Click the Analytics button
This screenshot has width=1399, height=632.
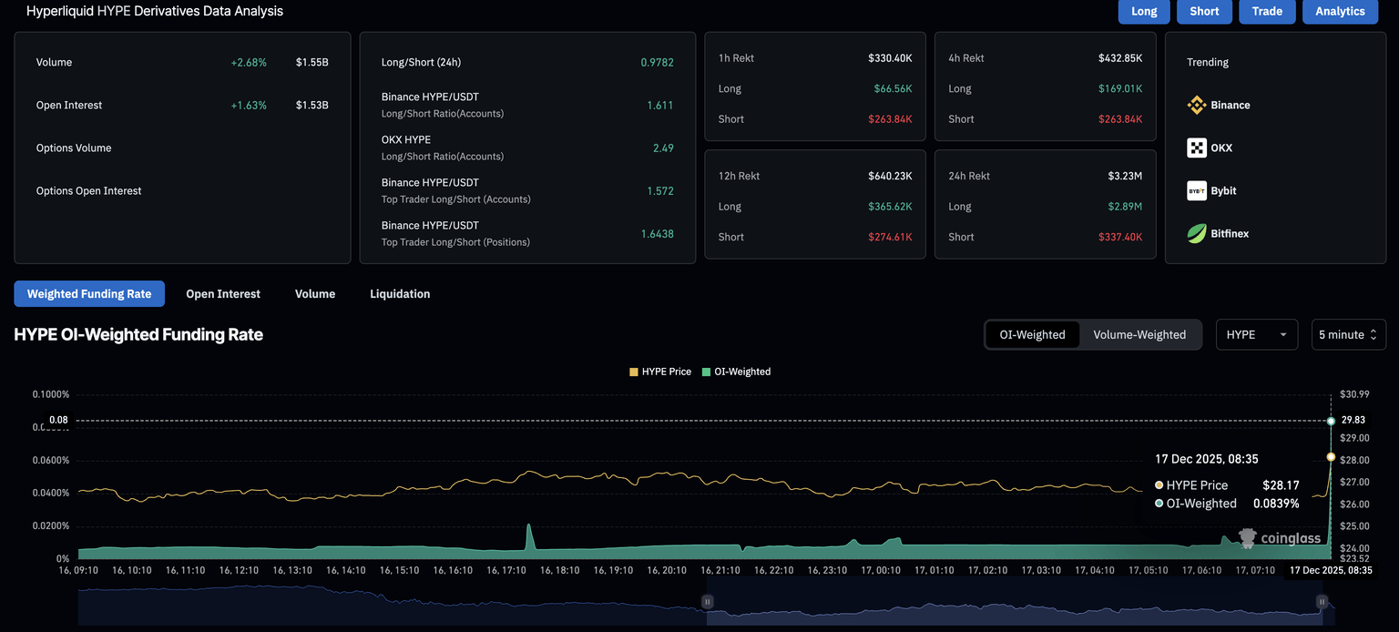click(x=1340, y=11)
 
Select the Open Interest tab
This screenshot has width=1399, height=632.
click(x=223, y=294)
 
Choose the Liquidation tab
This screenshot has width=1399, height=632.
click(x=400, y=294)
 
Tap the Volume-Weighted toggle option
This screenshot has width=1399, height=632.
click(x=1139, y=335)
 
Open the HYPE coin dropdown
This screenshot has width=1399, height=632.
click(x=1256, y=335)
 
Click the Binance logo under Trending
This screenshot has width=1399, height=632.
click(x=1197, y=106)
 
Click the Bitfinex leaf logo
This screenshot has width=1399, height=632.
click(x=1197, y=234)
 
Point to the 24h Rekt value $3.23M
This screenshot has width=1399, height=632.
click(x=1124, y=176)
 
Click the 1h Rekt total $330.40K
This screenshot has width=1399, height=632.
click(x=890, y=58)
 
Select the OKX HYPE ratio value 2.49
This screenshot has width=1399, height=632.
click(x=663, y=148)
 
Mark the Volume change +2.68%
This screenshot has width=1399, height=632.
click(x=249, y=63)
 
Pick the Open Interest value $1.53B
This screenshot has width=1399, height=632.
click(x=311, y=106)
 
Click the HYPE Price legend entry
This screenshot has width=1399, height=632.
click(x=660, y=372)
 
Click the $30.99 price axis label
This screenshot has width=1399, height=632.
click(x=1354, y=394)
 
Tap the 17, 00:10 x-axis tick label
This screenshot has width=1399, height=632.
click(x=882, y=570)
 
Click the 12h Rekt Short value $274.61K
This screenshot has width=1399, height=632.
click(x=890, y=237)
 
